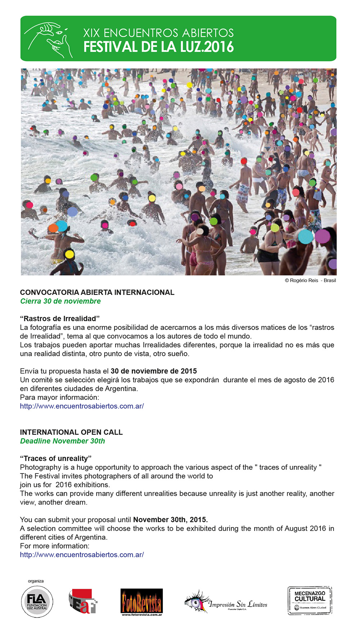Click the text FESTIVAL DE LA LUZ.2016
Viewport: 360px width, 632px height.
tap(158, 47)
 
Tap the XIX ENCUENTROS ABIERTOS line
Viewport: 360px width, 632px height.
tap(158, 33)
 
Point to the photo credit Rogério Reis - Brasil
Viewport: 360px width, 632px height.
tap(310, 281)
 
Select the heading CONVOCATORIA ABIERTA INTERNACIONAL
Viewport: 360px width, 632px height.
tap(97, 292)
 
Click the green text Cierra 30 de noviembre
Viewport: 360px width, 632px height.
tap(60, 301)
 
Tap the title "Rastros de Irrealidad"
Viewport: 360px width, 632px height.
tap(60, 319)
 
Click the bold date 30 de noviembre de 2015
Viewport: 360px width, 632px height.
tap(154, 371)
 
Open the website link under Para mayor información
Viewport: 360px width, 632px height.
tap(82, 406)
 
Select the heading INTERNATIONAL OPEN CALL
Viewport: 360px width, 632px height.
tap(71, 432)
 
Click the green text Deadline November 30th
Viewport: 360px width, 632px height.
tap(63, 441)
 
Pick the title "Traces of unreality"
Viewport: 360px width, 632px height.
tap(56, 458)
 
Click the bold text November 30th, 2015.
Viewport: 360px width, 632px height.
tap(170, 520)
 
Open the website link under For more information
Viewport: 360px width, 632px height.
tap(82, 555)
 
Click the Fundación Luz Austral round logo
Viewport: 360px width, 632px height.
tap(37, 602)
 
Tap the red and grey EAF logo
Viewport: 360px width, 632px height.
tap(83, 601)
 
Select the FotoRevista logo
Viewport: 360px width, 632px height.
tap(141, 601)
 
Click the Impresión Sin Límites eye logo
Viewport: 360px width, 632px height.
tap(226, 602)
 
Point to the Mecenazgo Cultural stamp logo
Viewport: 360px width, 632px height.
tap(310, 600)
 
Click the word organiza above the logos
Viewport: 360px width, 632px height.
tap(36, 581)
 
